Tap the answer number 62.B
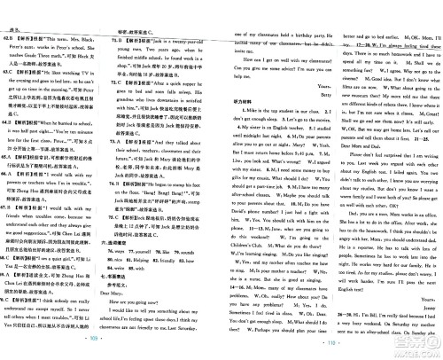pyautogui.click(x=10, y=18)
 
